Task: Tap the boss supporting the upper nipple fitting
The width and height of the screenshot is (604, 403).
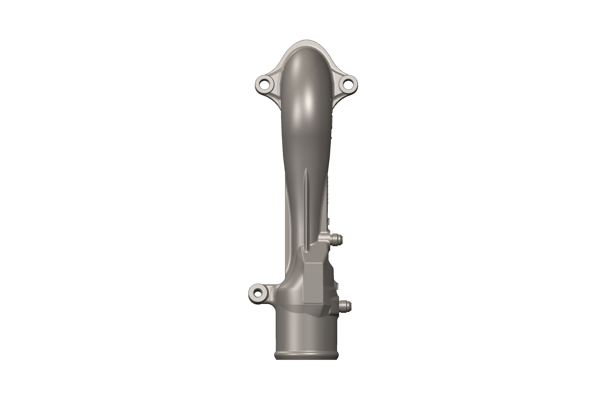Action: [x=324, y=238]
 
